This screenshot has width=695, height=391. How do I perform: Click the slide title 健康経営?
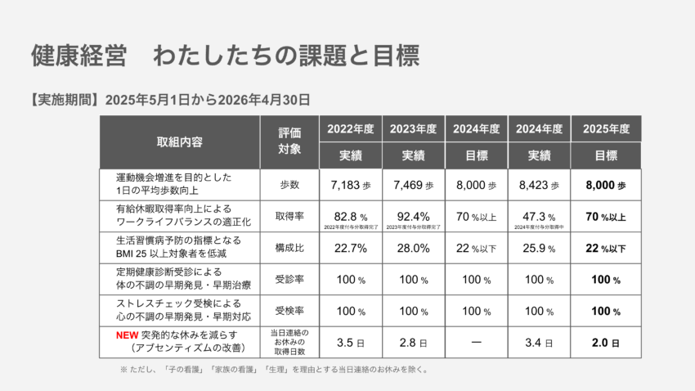click(x=78, y=56)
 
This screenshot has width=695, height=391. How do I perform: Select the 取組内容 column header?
click(x=179, y=142)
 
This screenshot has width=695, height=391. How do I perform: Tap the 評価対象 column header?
click(x=289, y=141)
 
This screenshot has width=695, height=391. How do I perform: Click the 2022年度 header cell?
click(x=351, y=128)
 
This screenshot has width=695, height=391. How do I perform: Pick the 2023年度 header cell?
click(x=413, y=128)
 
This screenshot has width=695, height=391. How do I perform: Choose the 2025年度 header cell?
click(x=606, y=128)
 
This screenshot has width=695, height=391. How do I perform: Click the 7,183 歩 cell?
click(x=351, y=186)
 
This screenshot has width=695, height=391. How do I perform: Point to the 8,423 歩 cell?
click(x=538, y=186)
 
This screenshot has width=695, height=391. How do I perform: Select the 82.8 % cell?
click(x=351, y=217)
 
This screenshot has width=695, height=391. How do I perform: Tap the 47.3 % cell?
click(x=538, y=217)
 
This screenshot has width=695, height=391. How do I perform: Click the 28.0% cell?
click(x=413, y=248)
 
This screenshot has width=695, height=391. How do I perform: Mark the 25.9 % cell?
click(x=538, y=248)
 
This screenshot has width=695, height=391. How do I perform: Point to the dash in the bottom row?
click(x=476, y=341)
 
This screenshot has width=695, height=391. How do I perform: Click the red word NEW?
click(x=126, y=335)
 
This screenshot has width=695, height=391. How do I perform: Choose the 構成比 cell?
click(x=289, y=248)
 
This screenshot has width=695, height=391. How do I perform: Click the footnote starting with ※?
click(x=274, y=369)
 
